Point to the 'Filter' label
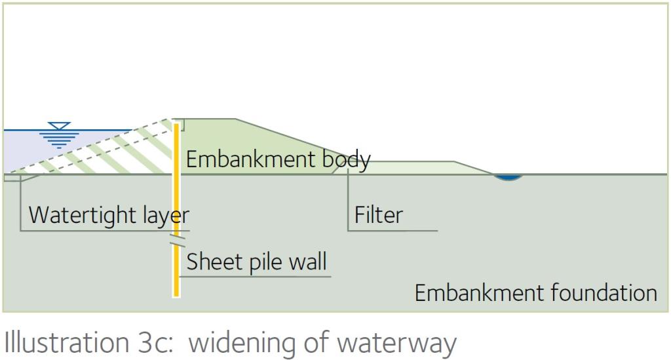tap(379, 214)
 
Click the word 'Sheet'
tap(214, 261)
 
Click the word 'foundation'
tap(604, 293)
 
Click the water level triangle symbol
tap(59, 126)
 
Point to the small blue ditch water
tap(508, 177)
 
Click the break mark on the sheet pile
tap(177, 241)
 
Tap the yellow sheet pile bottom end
tap(176, 295)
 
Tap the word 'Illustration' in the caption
tap(67, 342)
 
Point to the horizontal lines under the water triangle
tap(59, 140)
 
